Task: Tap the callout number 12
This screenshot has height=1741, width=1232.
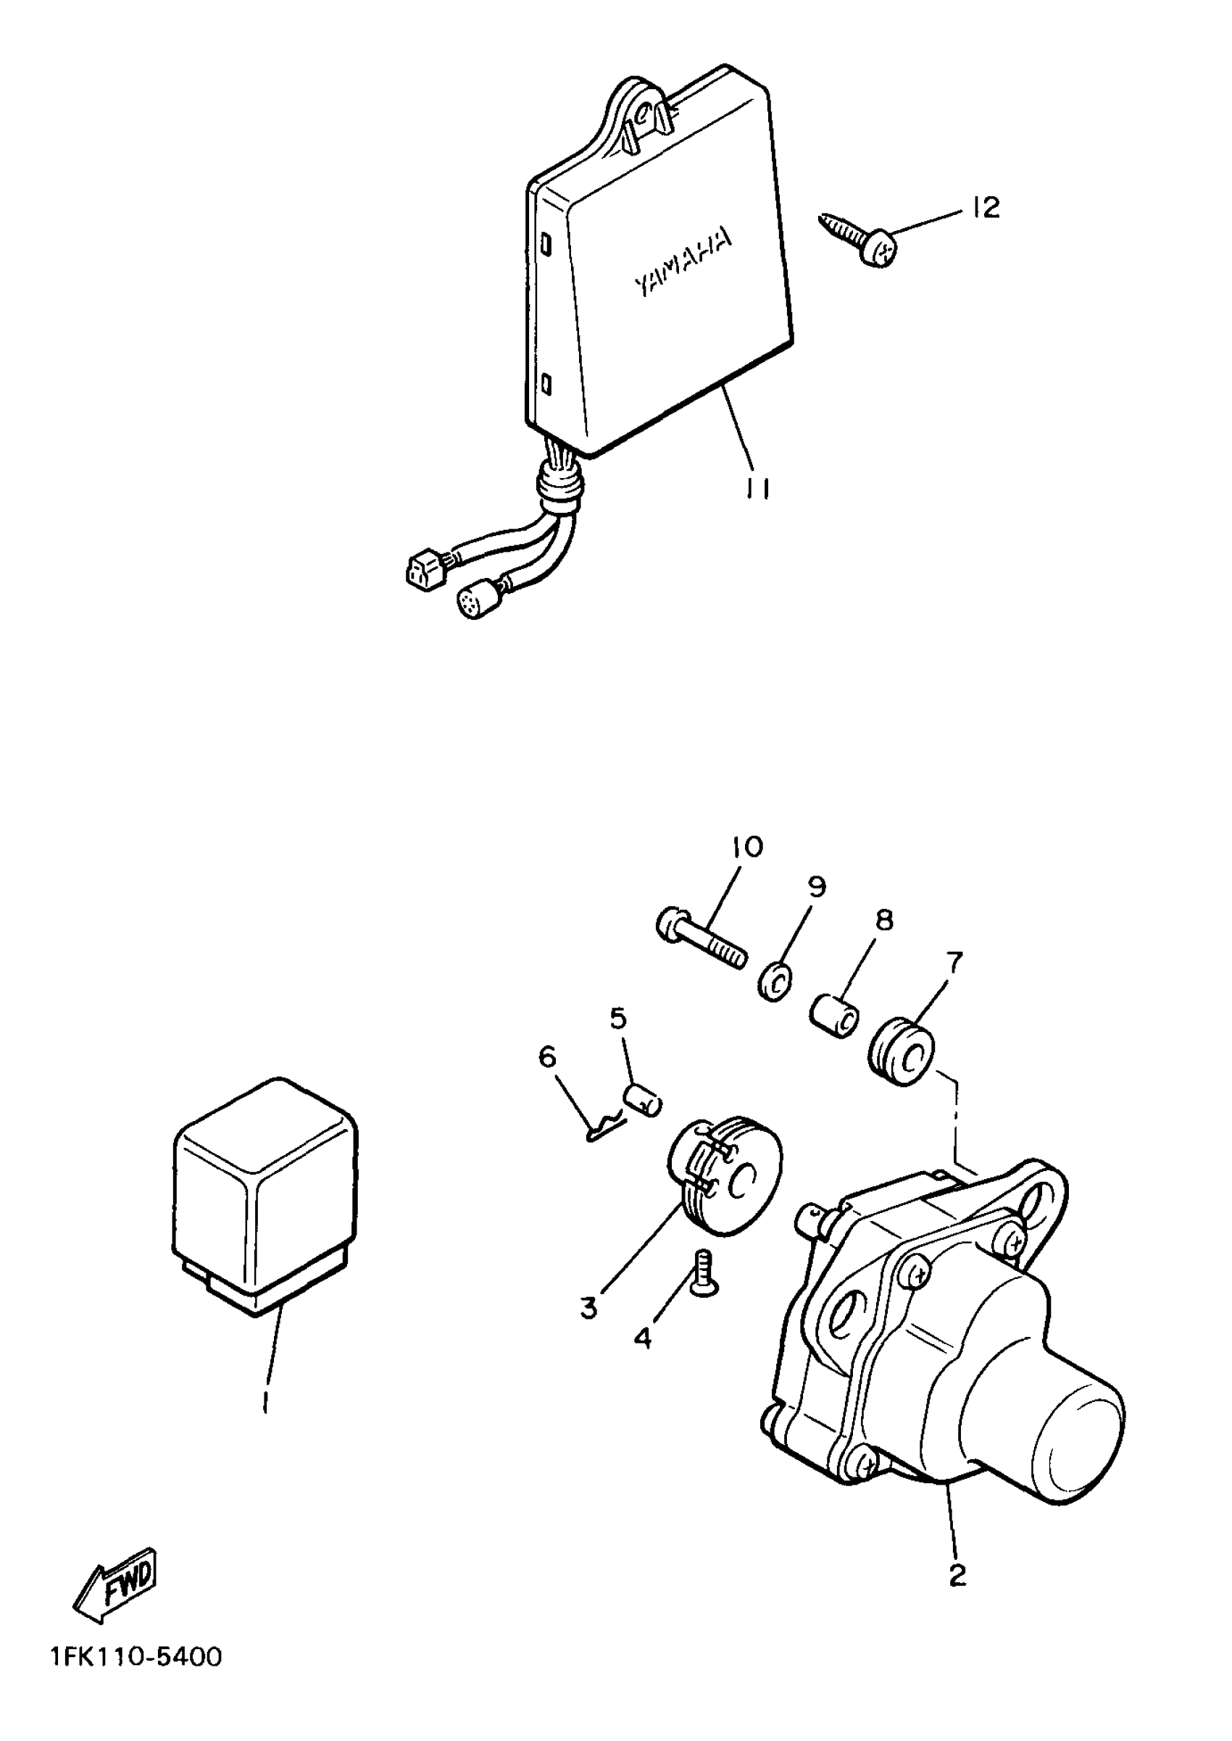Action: [985, 207]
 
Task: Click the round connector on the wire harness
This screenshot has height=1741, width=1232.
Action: [474, 603]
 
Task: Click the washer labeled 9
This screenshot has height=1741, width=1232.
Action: [775, 984]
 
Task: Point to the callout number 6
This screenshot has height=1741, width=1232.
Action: [548, 1057]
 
